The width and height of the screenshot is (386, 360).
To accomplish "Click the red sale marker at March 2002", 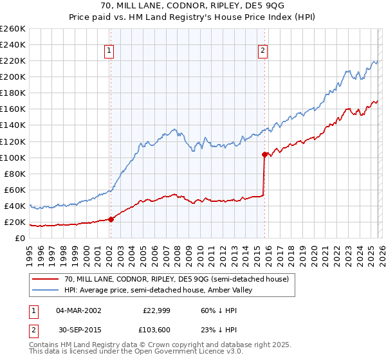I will tap(111, 219).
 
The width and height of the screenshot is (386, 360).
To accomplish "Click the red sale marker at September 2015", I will tap(264, 154).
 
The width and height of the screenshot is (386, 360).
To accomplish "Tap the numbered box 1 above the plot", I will tap(109, 53).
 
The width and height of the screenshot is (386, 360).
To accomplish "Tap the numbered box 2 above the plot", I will tap(263, 53).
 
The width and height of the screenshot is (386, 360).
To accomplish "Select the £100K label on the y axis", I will tap(13, 157).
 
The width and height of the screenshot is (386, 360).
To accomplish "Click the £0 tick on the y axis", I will tap(21, 238).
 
